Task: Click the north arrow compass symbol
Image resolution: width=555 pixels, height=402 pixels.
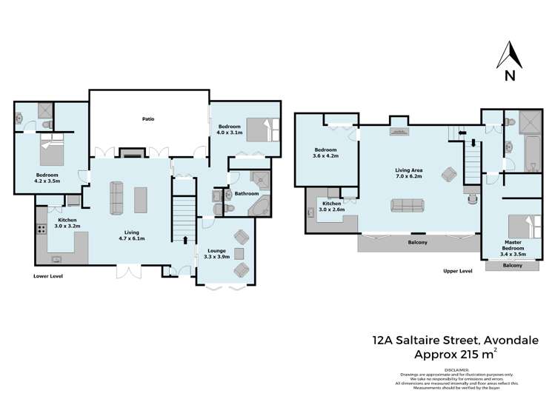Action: point(510,60)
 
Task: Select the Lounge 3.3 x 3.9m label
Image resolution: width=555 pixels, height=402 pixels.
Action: point(216,253)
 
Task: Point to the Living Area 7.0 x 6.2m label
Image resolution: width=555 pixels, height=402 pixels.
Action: point(408,173)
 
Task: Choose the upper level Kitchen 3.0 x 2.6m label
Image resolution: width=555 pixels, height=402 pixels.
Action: point(331,207)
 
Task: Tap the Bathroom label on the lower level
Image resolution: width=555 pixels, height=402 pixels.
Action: point(245,194)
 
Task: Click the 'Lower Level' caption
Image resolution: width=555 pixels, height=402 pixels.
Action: point(48,276)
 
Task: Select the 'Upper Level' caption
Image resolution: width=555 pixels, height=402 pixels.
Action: point(457,271)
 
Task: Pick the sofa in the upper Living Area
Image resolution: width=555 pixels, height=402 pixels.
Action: point(407,206)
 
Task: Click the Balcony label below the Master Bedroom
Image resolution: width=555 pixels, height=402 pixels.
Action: point(511,265)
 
